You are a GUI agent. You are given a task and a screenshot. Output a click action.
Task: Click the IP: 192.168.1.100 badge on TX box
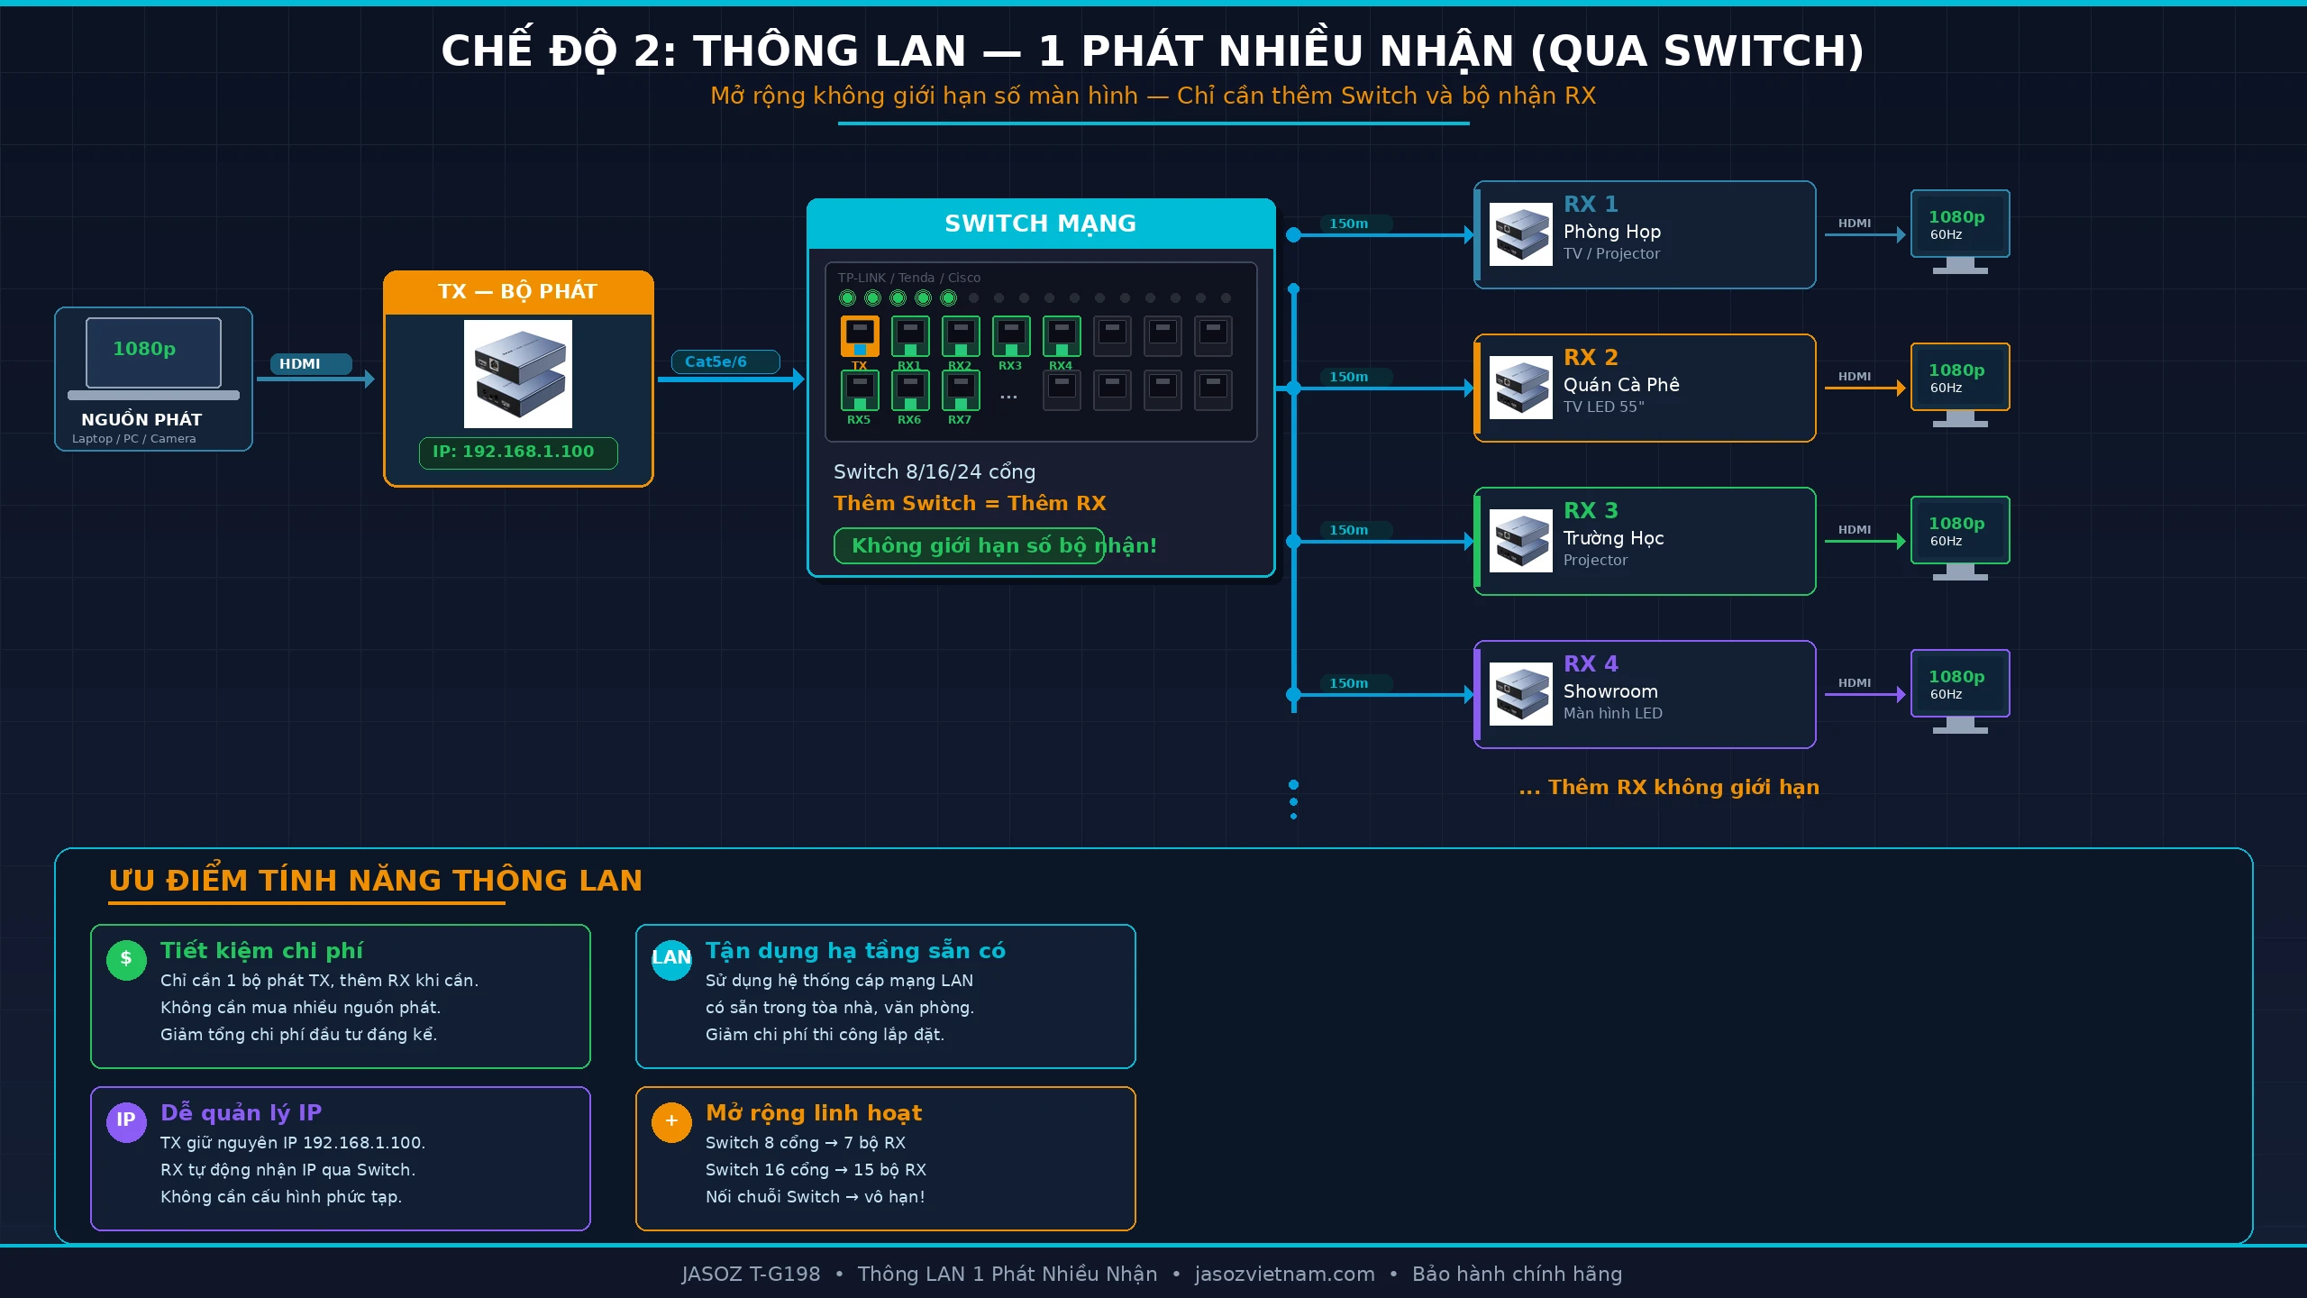point(518,452)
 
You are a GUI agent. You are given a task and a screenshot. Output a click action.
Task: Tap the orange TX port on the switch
point(860,336)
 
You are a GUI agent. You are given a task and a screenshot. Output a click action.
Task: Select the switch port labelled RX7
point(961,390)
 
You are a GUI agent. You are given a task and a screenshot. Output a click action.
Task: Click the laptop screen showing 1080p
point(153,352)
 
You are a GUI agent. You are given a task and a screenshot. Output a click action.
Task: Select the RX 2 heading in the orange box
point(1591,357)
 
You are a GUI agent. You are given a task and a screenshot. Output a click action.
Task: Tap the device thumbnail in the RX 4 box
point(1520,694)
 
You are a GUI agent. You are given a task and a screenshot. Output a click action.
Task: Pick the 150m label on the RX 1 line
point(1348,224)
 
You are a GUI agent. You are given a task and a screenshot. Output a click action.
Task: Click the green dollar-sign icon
point(126,959)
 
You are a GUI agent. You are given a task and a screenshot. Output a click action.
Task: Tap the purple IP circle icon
point(126,1120)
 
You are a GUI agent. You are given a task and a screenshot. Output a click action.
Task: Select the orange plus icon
point(671,1121)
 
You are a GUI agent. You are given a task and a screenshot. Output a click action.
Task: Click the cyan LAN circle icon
point(671,959)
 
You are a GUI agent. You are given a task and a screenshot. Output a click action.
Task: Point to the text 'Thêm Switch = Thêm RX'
point(970,503)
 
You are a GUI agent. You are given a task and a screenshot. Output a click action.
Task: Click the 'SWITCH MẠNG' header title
point(1040,224)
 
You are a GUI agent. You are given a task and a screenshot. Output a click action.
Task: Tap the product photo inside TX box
point(518,374)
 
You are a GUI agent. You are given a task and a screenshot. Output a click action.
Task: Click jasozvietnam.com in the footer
point(1284,1274)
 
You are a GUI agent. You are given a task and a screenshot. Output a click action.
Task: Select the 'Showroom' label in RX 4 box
point(1610,691)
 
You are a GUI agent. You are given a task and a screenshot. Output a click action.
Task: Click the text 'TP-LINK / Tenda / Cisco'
point(908,278)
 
